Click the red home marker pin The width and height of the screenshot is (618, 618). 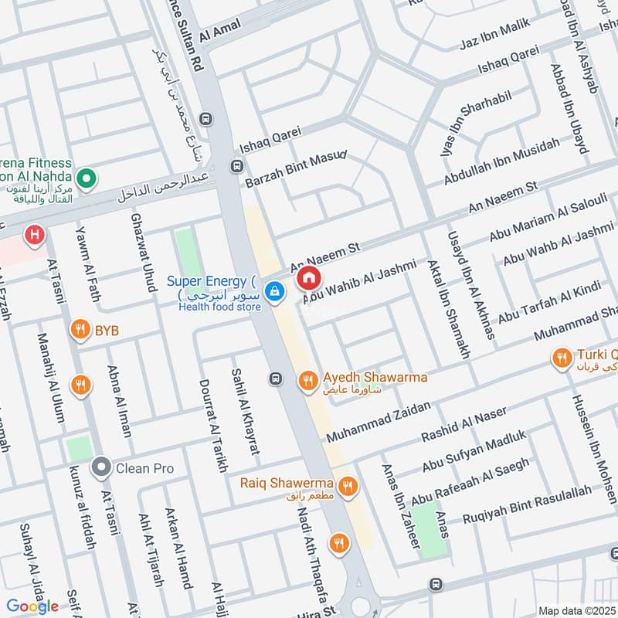[308, 277]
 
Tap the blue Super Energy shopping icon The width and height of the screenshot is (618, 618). [273, 291]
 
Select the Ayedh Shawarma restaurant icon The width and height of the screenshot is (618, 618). [307, 380]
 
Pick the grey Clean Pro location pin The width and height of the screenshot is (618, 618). [100, 467]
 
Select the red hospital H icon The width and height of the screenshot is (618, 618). [33, 234]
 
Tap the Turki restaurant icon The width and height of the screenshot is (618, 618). [560, 358]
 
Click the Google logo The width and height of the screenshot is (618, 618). [32, 606]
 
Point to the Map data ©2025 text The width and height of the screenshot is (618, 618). [576, 610]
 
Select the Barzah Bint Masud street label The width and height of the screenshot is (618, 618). [295, 169]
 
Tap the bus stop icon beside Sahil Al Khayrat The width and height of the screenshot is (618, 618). [274, 379]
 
